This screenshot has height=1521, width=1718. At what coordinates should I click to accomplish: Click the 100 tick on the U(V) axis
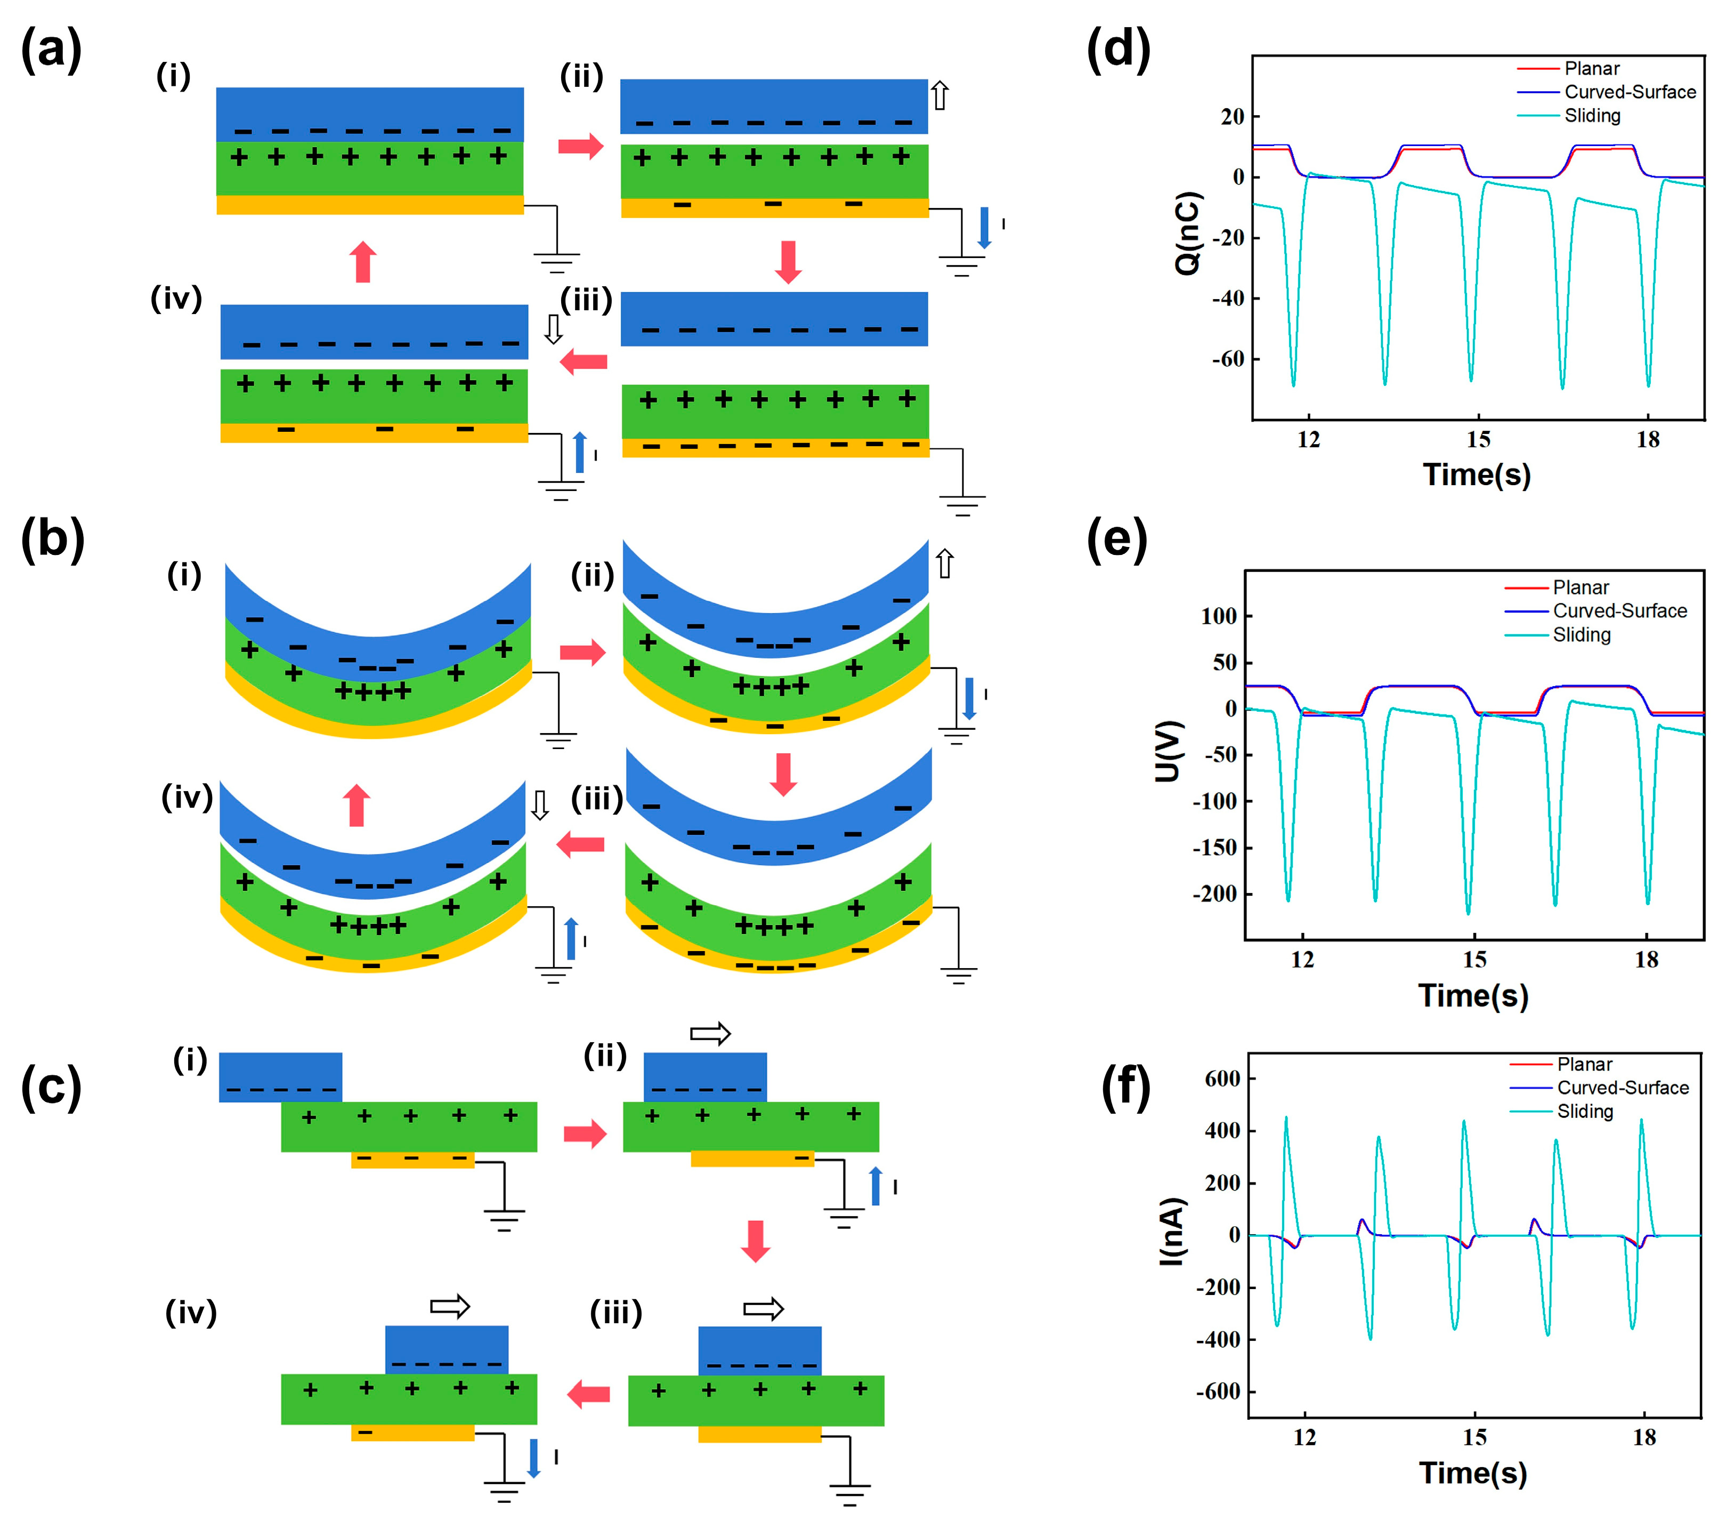[x=1219, y=616]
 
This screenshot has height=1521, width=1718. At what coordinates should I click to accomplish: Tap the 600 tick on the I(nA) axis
[x=1222, y=1079]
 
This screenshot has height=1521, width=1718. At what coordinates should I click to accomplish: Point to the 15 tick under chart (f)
[x=1474, y=1437]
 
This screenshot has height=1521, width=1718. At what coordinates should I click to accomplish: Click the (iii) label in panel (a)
[x=586, y=300]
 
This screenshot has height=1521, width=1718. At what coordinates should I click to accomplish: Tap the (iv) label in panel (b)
[x=187, y=797]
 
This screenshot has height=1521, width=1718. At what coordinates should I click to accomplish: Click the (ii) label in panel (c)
[x=605, y=1055]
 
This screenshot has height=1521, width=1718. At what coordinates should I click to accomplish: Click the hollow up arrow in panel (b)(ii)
[x=945, y=564]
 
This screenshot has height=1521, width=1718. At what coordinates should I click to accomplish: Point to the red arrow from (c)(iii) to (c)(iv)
[x=588, y=1395]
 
